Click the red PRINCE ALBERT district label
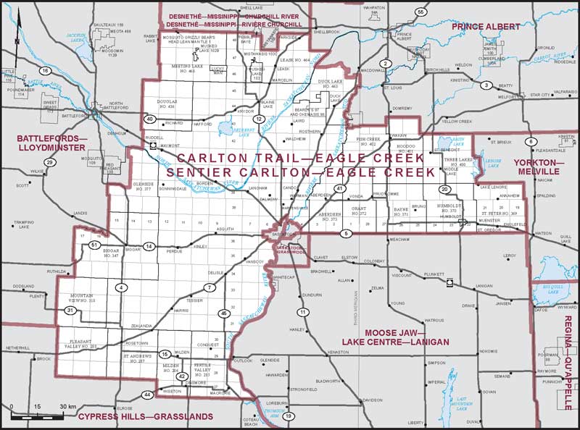pyautogui.click(x=486, y=27)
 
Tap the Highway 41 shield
pyautogui.click(x=339, y=189)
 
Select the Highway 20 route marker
pyautogui.click(x=444, y=189)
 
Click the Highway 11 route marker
pyautogui.click(x=302, y=312)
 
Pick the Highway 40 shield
pyautogui.click(x=149, y=119)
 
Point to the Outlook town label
pyautogui.click(x=244, y=360)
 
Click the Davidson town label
pyautogui.click(x=373, y=400)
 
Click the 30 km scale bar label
pyautogui.click(x=68, y=406)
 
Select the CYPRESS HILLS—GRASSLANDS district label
pyautogui.click(x=145, y=417)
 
